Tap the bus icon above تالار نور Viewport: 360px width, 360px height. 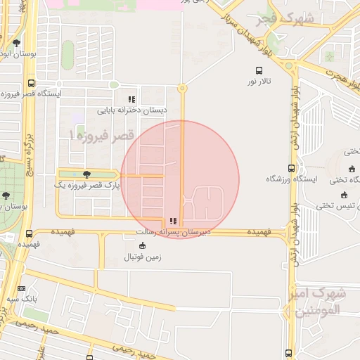259,70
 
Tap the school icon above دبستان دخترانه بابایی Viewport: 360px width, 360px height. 131,99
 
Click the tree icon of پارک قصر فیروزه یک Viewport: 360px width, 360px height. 86,174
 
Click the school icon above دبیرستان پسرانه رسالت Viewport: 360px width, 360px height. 173,221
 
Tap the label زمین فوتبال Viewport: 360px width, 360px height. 143,257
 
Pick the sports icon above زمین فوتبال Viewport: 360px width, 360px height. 143,246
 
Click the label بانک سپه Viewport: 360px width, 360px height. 21,300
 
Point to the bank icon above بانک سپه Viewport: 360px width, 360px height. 21,288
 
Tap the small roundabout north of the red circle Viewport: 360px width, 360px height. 182,89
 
